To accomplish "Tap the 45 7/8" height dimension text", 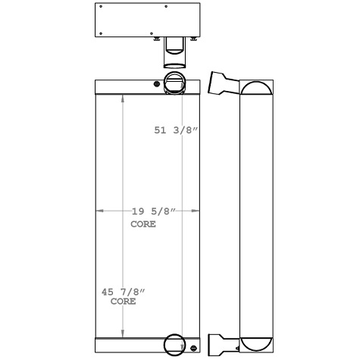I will [x=121, y=292].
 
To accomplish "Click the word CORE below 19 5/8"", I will [x=143, y=225].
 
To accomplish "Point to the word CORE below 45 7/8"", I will [x=123, y=302].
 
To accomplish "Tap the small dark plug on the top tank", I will [x=157, y=83].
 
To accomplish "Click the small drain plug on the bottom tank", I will [x=193, y=349].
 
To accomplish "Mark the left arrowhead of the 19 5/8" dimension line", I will [x=97, y=211].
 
